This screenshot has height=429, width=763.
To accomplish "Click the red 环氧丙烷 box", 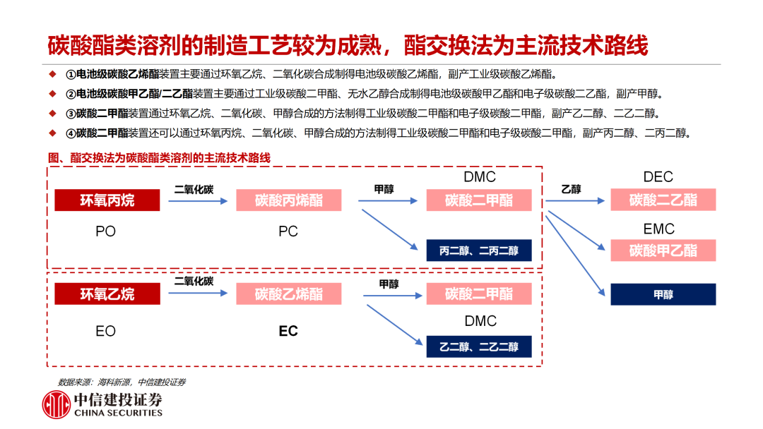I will point(107,200).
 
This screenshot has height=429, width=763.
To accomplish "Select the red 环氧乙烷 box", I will point(107,294).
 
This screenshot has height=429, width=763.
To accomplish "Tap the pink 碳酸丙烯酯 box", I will point(288,200).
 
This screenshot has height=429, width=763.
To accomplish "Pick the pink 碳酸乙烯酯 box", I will point(288,294).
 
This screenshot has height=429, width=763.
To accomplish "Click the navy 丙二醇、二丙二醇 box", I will point(479,250).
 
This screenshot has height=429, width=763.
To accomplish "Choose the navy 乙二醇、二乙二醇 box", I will point(479,346).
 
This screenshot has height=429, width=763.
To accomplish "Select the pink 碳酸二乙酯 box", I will point(663,200).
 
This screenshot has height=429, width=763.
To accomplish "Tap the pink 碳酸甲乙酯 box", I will point(663,250).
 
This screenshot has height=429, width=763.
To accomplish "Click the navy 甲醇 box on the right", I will point(663,295).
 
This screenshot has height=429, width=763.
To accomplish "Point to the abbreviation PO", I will point(105,231).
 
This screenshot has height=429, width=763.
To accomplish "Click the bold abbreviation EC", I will point(288,331).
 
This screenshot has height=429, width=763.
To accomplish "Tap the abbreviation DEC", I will point(658,177).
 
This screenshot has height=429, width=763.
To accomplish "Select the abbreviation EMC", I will point(658,229).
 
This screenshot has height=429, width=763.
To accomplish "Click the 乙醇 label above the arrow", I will point(571,188).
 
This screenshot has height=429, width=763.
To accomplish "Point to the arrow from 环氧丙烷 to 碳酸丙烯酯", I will point(198,201).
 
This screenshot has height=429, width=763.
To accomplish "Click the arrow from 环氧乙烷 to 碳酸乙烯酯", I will point(198,294).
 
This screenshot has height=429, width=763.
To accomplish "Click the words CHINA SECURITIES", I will point(118,413).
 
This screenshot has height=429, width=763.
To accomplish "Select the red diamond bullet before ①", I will point(51,73).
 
